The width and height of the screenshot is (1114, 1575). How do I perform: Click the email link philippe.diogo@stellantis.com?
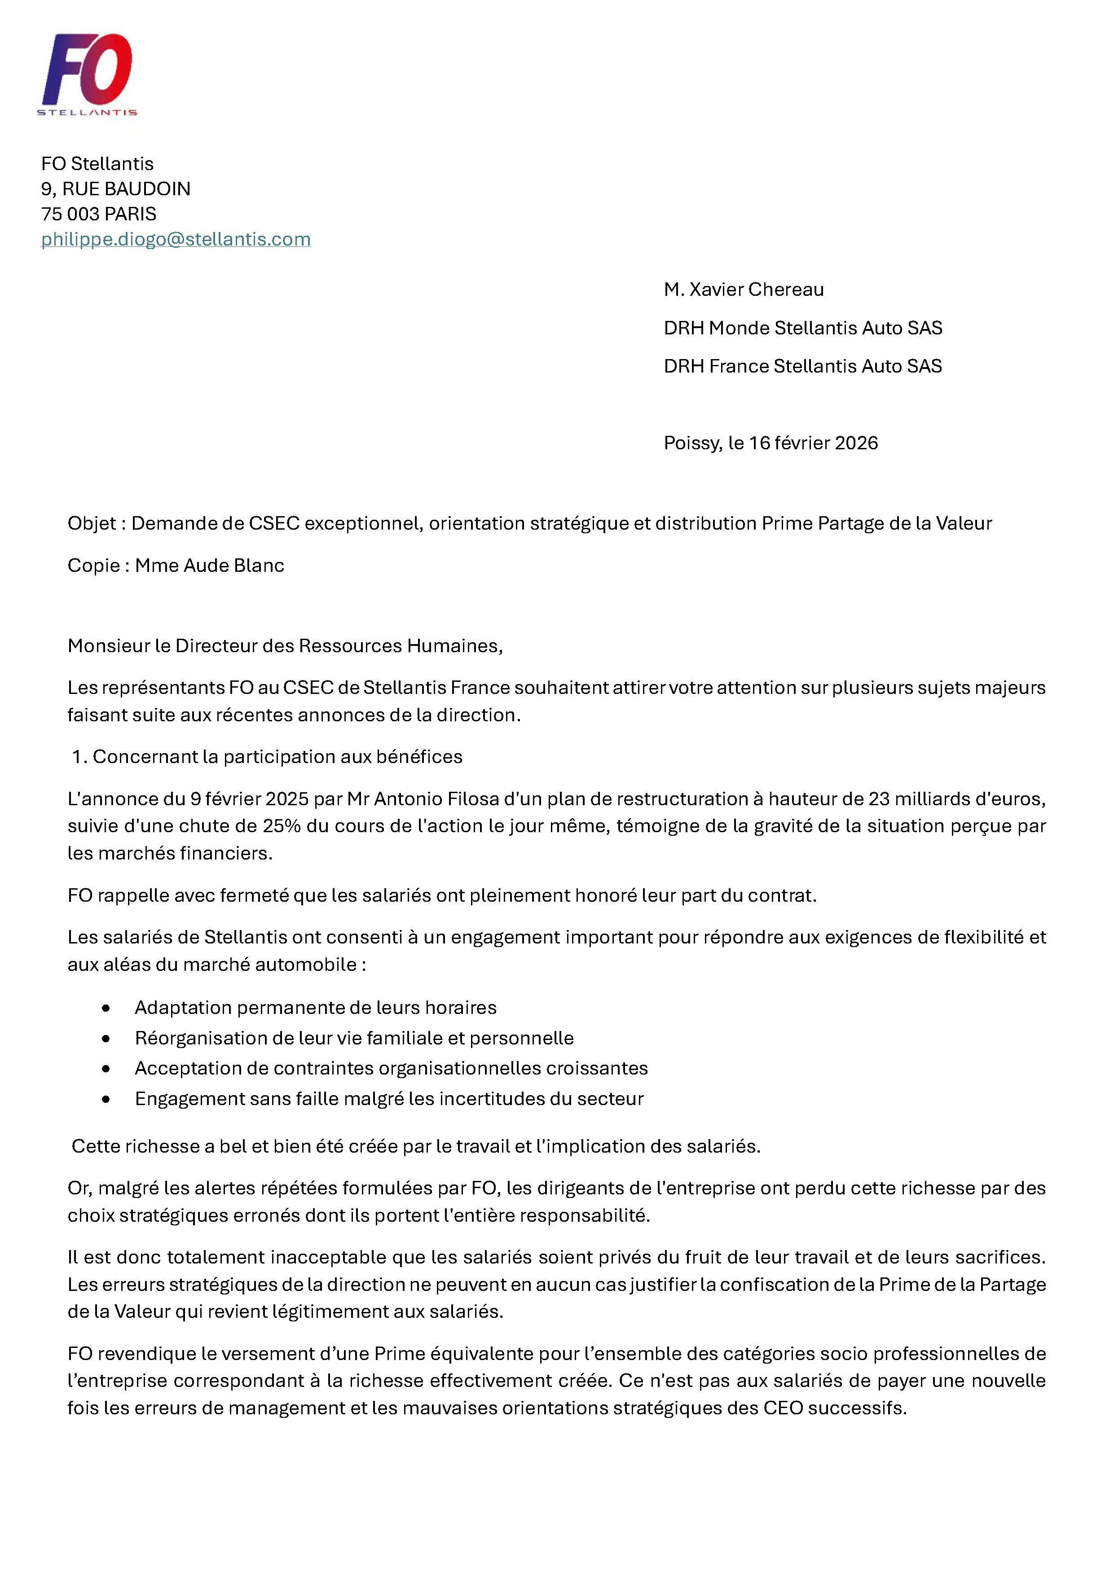tap(176, 239)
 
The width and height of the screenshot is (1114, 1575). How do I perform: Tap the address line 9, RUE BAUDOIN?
tap(115, 189)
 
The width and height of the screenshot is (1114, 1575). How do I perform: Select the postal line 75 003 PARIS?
tap(99, 214)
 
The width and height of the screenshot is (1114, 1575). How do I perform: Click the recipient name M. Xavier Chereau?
tap(744, 290)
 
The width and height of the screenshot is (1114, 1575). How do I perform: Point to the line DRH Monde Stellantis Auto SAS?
tap(802, 328)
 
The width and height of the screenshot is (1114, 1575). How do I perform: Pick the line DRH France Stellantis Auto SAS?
tap(802, 366)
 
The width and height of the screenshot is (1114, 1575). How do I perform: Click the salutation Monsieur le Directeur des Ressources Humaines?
tap(285, 645)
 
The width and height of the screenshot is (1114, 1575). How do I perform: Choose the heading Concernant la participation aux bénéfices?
tap(277, 757)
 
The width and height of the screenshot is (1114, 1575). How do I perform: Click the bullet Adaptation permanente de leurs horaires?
tap(315, 1008)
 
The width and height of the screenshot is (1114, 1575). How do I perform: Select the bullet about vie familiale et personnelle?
tap(354, 1038)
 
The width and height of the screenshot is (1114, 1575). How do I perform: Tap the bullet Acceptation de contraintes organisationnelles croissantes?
tap(391, 1068)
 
